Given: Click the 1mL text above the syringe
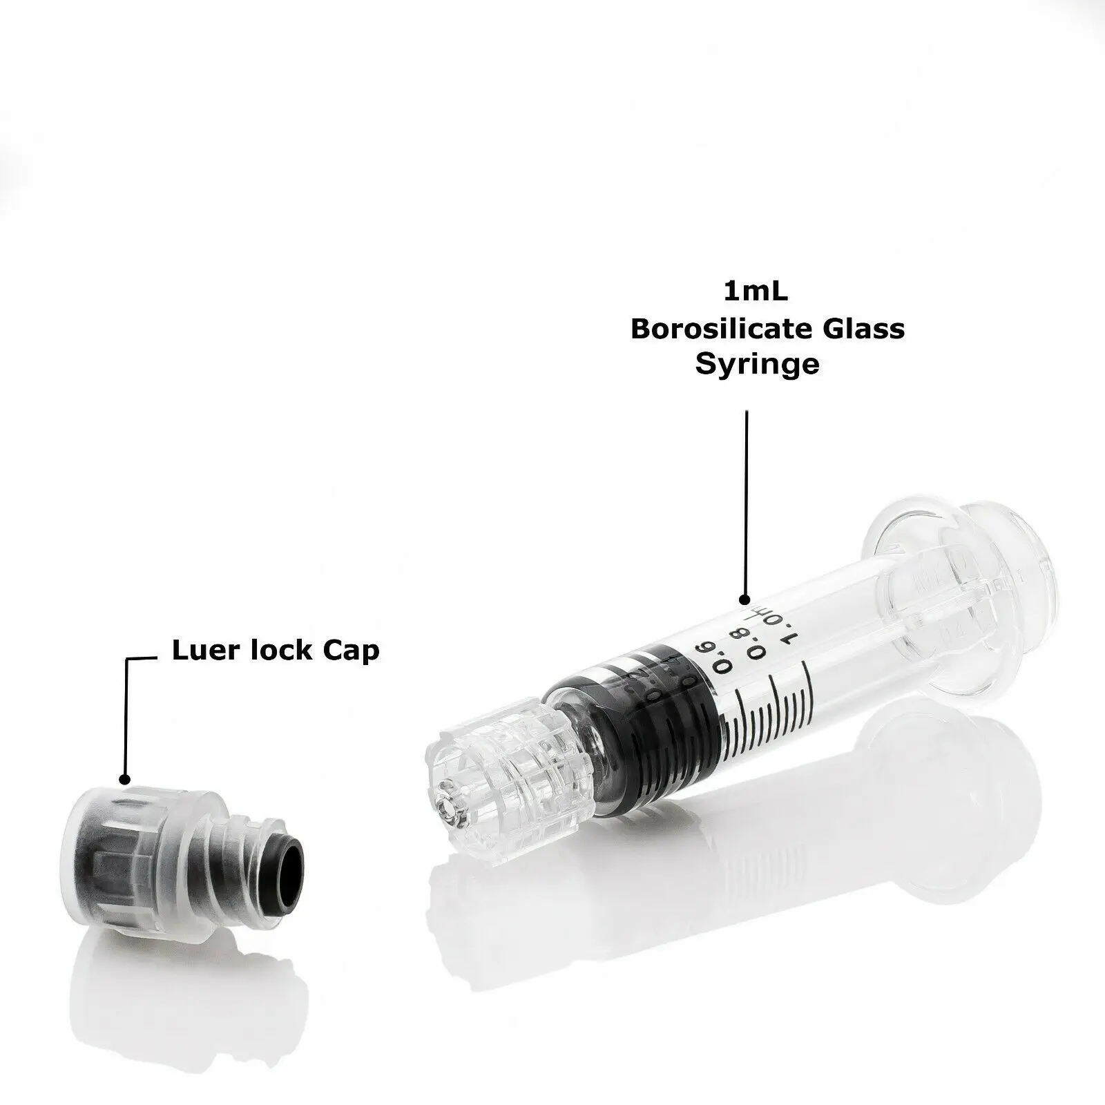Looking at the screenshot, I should [756, 291].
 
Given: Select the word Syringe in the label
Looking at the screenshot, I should [757, 364].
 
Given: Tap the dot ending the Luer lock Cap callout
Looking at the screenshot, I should [125, 779].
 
